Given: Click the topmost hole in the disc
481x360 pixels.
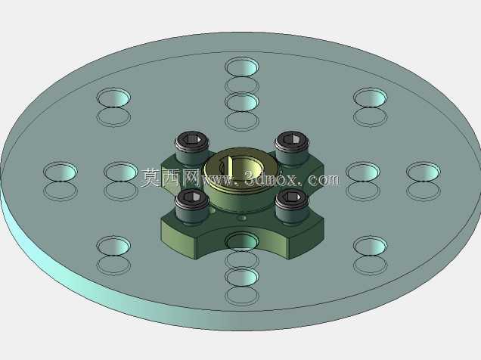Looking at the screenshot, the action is pos(242,67).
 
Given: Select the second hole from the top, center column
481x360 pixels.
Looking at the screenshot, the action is pos(242,102).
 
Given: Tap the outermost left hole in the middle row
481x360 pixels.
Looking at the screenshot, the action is pos(61,171).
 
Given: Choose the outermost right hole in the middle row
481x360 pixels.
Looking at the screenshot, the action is pos(424,171).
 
